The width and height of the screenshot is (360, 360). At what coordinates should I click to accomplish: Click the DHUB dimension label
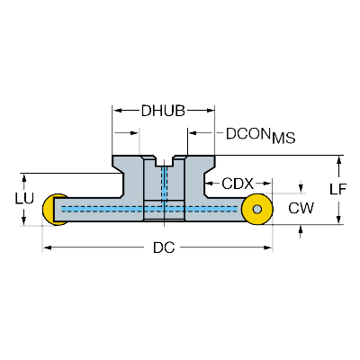tap(163, 111)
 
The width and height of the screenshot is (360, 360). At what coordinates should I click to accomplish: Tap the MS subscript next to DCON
tap(282, 138)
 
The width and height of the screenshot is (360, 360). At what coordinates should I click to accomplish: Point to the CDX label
tap(238, 183)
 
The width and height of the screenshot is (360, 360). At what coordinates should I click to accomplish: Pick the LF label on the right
tap(338, 190)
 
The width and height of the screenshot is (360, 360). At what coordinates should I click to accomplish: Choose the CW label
tap(301, 209)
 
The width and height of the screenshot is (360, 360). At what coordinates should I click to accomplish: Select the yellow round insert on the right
tap(257, 210)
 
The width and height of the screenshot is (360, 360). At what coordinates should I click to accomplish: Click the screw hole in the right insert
tap(258, 210)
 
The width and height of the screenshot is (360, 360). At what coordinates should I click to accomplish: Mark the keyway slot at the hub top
tap(163, 165)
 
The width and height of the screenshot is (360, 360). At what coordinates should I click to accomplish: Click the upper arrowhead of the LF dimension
tap(338, 160)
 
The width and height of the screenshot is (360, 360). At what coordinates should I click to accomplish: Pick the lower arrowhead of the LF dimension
tap(338, 220)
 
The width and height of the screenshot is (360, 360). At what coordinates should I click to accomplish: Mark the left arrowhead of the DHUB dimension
tap(116, 111)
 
